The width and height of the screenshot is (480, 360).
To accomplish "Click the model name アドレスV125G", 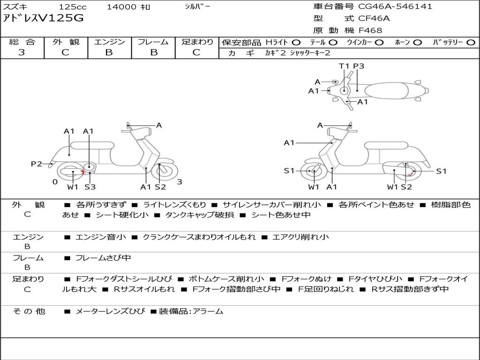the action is (43, 18).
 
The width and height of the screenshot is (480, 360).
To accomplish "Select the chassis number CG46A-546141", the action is (395, 7).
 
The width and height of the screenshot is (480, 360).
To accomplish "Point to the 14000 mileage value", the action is (121, 7).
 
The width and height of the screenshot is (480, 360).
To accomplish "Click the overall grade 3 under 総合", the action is (22, 52).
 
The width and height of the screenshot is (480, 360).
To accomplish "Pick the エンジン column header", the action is (109, 42).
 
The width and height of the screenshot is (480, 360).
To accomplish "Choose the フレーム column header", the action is (153, 42).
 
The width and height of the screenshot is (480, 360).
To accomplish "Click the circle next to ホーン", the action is (417, 43).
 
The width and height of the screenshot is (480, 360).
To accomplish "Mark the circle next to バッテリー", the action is (471, 43).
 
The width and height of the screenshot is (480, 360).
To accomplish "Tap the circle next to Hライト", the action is (296, 43).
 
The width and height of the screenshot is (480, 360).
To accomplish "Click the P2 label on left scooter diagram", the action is (37, 164).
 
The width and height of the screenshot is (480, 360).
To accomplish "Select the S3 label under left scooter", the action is (90, 187).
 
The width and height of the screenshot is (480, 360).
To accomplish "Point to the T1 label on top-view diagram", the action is (344, 66).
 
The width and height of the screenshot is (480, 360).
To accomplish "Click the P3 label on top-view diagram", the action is (359, 66).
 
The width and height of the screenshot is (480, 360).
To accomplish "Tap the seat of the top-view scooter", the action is (387, 90).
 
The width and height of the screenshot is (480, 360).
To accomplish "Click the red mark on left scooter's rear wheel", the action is (82, 172).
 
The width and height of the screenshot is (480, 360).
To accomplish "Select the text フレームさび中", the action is (103, 258).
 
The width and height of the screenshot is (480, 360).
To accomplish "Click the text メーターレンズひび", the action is (110, 311).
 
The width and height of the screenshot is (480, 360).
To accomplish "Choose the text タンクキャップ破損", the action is (200, 215).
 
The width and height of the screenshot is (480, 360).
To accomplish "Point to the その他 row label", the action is (29, 311).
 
